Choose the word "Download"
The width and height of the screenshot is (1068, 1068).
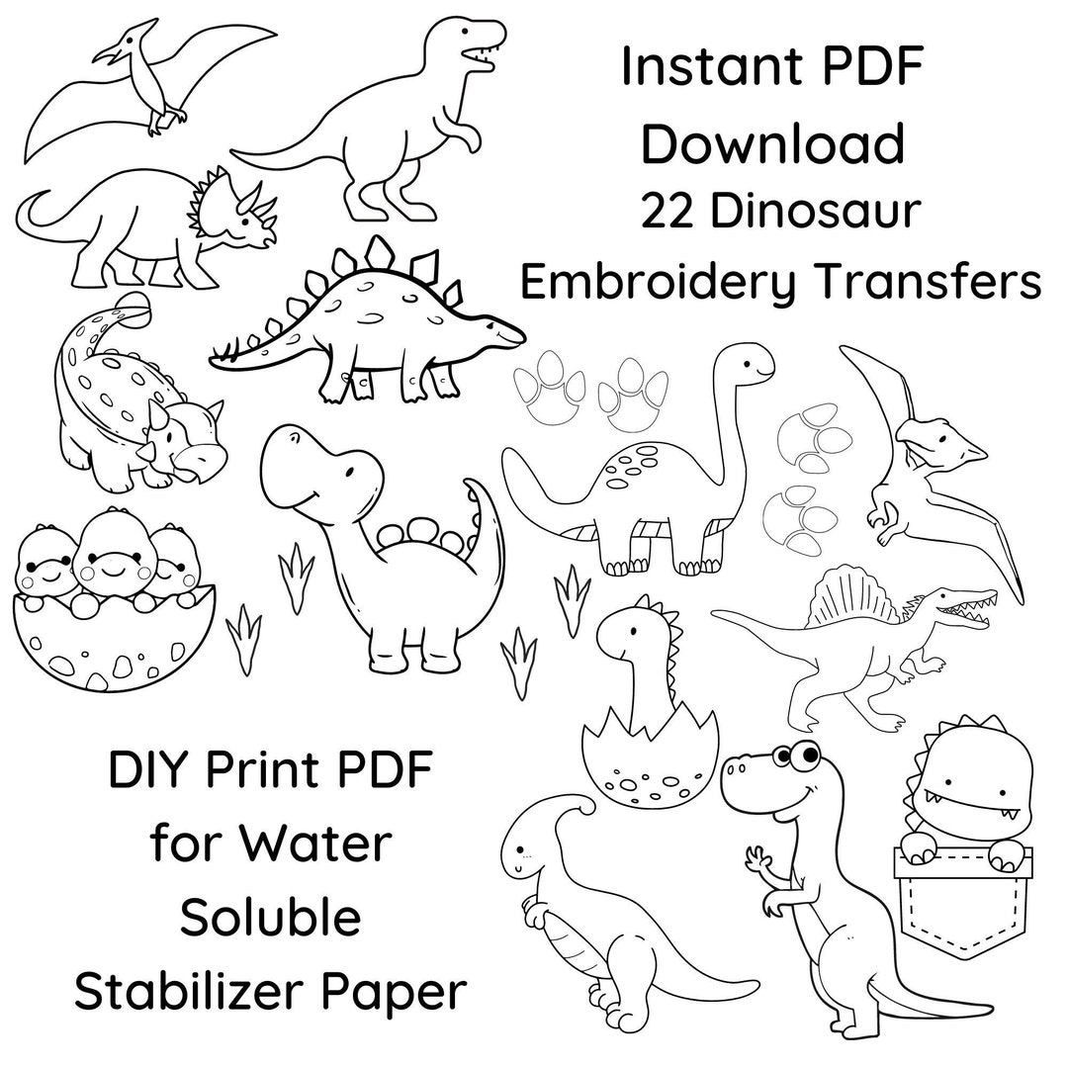(773, 143)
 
